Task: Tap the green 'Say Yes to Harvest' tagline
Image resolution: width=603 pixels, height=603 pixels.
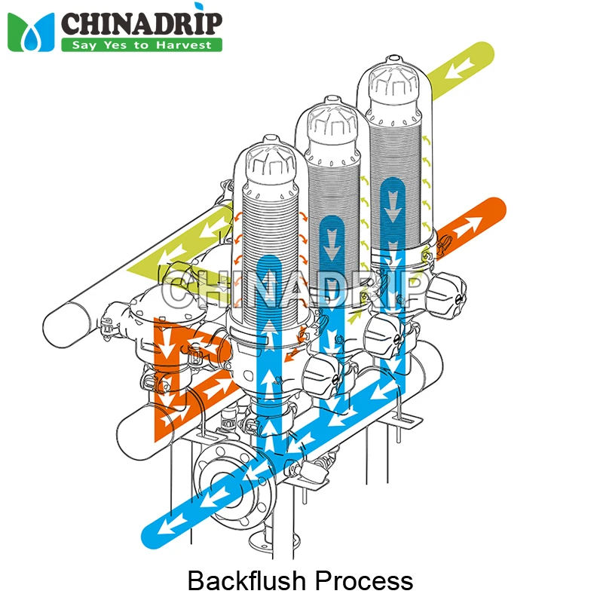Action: pos(142,44)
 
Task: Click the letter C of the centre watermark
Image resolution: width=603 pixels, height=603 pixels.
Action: pos(180,289)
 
